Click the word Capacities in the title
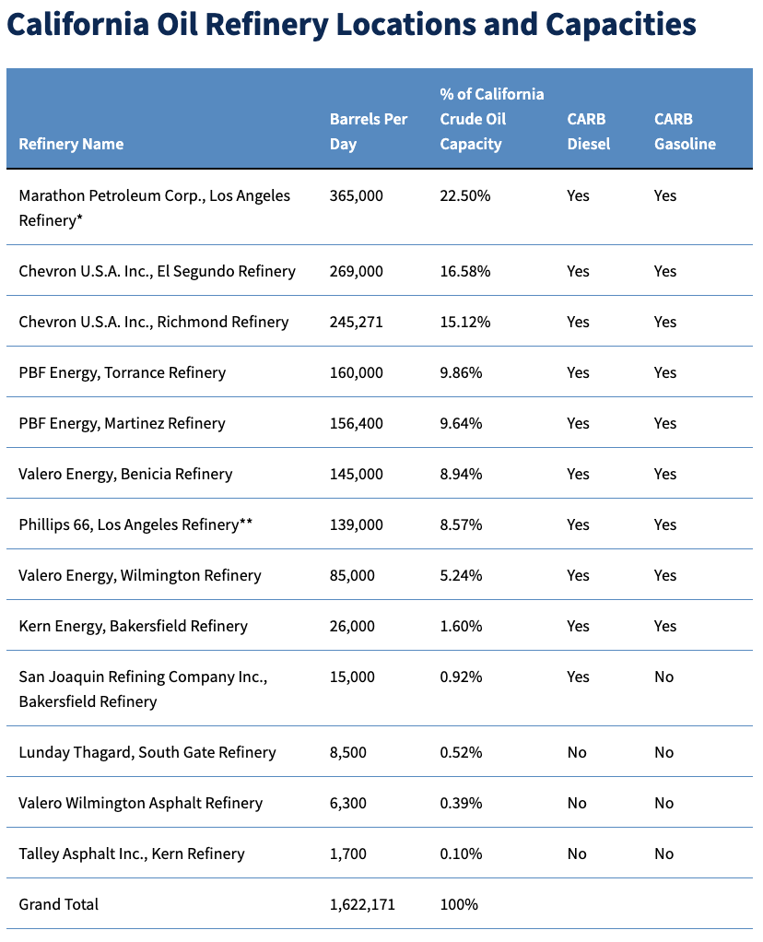pyautogui.click(x=620, y=25)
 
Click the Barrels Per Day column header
pyautogui.click(x=369, y=132)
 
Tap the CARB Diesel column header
pyautogui.click(x=589, y=132)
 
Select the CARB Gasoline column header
pyautogui.click(x=685, y=132)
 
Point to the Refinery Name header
pyautogui.click(x=71, y=144)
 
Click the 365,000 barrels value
pyautogui.click(x=357, y=195)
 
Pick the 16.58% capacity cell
pyautogui.click(x=465, y=272)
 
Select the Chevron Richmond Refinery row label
pyautogui.click(x=154, y=322)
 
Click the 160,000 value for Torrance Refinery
pyautogui.click(x=357, y=373)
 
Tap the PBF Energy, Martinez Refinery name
pyautogui.click(x=122, y=424)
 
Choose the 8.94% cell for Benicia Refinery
pyautogui.click(x=461, y=474)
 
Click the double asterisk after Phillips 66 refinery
pyautogui.click(x=246, y=522)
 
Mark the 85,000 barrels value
pyautogui.click(x=352, y=575)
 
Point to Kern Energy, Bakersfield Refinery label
pyautogui.click(x=133, y=626)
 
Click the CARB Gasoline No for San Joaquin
pyautogui.click(x=663, y=677)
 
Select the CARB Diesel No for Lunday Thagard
pyautogui.click(x=577, y=753)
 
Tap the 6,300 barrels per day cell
pyautogui.click(x=347, y=803)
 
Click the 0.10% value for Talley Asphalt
pyautogui.click(x=461, y=854)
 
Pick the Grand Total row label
pyautogui.click(x=58, y=905)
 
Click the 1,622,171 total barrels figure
pyautogui.click(x=362, y=905)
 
